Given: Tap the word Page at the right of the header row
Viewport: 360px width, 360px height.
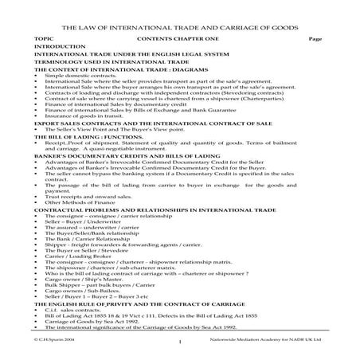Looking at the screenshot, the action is (x=313, y=38).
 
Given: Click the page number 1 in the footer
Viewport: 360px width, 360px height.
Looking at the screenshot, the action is (x=182, y=342).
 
